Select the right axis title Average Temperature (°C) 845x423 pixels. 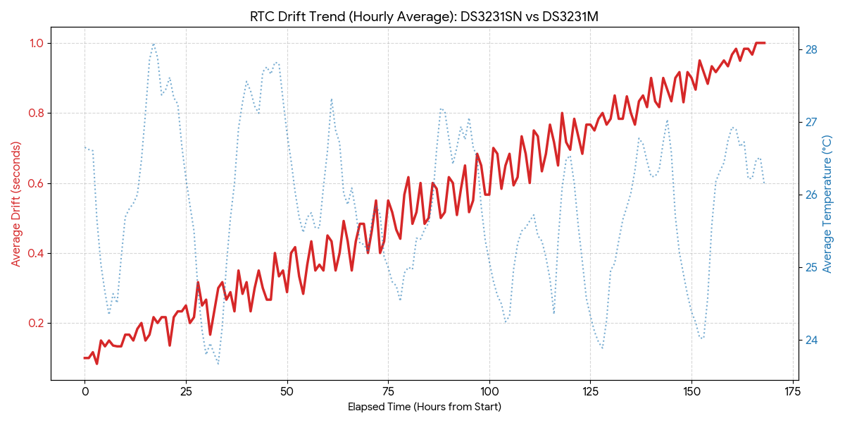click(827, 204)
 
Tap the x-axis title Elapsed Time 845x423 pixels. click(424, 407)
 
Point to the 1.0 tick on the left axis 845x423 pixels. click(36, 43)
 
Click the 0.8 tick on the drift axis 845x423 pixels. click(36, 113)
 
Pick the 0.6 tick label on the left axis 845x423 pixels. click(36, 183)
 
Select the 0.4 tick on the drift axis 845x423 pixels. click(36, 253)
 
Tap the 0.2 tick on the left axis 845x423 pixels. click(36, 323)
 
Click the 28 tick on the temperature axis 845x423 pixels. click(811, 49)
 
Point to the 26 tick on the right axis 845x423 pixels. click(811, 195)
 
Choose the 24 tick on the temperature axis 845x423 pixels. click(811, 340)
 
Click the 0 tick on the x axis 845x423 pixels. click(84, 391)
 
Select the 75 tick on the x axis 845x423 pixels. click(388, 391)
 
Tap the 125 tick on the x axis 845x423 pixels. click(590, 391)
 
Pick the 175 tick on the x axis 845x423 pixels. click(793, 391)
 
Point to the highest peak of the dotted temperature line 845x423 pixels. click(154, 44)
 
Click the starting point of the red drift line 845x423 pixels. click(84, 358)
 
